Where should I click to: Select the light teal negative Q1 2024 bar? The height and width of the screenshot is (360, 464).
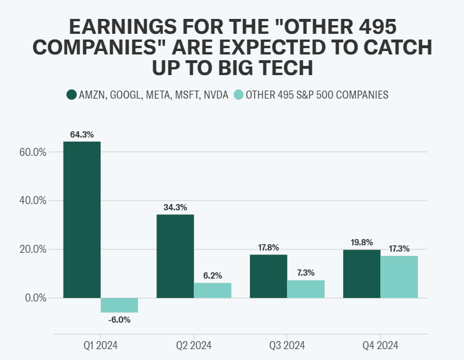[x=119, y=305]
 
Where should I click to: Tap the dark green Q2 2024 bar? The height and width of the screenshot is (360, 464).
[x=175, y=256]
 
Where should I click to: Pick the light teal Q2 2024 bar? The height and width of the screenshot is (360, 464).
[x=213, y=290]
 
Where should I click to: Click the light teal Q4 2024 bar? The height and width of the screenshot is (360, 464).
[x=399, y=277]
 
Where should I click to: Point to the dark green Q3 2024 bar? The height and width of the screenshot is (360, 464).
[x=269, y=276]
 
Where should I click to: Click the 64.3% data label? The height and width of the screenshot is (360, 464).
[x=82, y=135]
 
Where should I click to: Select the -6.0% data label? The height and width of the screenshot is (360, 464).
[x=119, y=320]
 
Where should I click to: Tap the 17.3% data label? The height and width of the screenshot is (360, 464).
[x=399, y=249]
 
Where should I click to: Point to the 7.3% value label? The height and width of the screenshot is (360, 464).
[x=306, y=273]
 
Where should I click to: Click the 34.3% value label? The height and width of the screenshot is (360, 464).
[x=175, y=208]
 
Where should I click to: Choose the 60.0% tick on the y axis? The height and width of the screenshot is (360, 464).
[x=32, y=152]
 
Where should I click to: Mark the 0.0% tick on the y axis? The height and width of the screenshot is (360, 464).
[x=34, y=298]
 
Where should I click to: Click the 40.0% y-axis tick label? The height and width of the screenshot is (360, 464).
[x=32, y=201]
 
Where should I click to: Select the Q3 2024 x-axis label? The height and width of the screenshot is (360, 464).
[x=288, y=345]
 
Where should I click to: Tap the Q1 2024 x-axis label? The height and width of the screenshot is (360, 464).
[x=101, y=345]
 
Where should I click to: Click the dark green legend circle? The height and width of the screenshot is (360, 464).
[x=72, y=95]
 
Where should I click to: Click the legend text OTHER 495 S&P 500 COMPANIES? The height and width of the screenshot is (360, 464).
[x=317, y=95]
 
